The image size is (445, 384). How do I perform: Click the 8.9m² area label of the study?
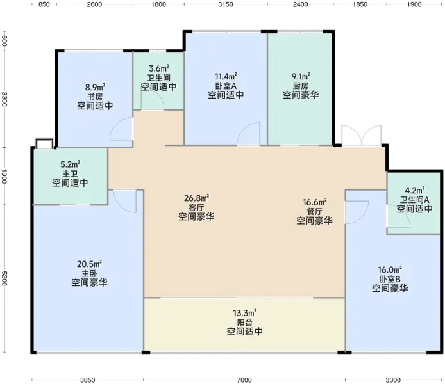[x=95, y=86]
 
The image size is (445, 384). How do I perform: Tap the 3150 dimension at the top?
[x=226, y=4]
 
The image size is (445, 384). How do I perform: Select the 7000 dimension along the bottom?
[x=244, y=380]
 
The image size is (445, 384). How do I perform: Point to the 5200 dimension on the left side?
[x=4, y=278]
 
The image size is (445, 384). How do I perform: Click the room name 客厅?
[x=196, y=207]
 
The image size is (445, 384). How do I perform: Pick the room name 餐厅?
[x=314, y=212]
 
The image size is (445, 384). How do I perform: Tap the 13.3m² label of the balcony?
[x=245, y=313]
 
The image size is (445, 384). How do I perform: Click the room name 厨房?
[x=301, y=86]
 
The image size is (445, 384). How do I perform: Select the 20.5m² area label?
[x=89, y=264]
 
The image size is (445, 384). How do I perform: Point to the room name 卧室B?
[x=390, y=279]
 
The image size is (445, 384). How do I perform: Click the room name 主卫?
[x=70, y=173]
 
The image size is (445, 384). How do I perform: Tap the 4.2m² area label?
[x=415, y=190]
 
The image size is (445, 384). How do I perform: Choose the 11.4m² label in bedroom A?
[x=226, y=76]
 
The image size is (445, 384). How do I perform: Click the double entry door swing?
[x=362, y=136]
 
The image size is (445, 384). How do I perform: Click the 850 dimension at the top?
[x=44, y=4]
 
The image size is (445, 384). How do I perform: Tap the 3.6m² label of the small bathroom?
[x=159, y=68]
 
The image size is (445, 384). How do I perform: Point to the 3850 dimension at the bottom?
[x=87, y=380]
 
